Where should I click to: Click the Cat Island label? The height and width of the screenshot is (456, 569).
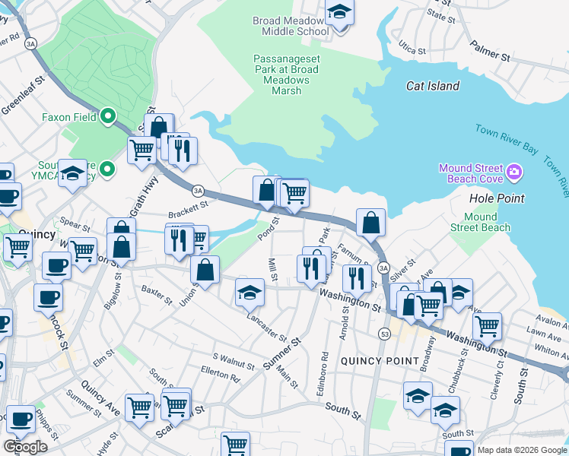(433, 86)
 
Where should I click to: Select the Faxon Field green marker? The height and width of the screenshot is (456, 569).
(108, 117)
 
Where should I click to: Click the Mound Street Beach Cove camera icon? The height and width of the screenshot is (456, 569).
(514, 173)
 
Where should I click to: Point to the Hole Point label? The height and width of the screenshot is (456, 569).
(497, 198)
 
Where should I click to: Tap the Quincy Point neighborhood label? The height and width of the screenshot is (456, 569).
(379, 360)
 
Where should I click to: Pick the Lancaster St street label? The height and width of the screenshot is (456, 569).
(266, 327)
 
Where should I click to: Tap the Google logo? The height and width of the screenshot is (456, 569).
(25, 446)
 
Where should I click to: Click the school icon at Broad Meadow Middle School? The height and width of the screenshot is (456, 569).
(339, 13)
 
